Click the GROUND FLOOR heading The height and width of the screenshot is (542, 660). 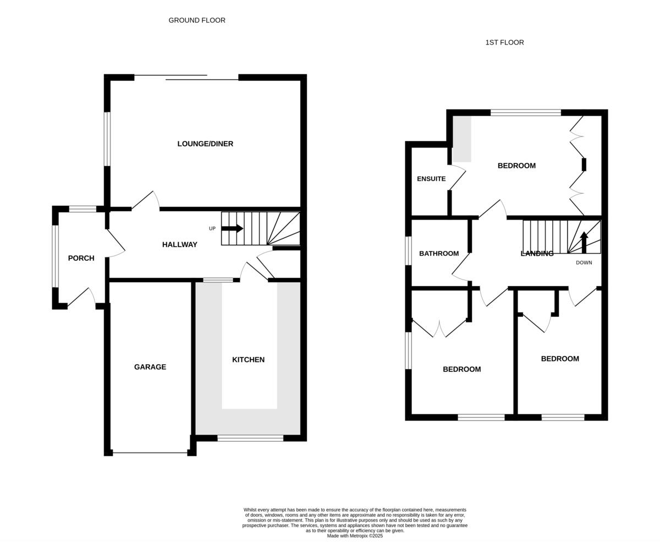(x=197, y=20)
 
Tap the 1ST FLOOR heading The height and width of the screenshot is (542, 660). (x=504, y=42)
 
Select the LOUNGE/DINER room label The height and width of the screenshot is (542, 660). (x=205, y=144)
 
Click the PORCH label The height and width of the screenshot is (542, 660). (x=81, y=258)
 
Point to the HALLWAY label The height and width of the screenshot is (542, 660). (x=179, y=244)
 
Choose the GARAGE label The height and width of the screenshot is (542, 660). (x=150, y=367)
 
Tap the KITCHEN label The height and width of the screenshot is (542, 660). (x=248, y=360)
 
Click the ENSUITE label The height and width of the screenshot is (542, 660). (x=431, y=179)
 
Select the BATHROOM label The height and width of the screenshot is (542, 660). (x=439, y=254)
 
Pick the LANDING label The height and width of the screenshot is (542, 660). (x=537, y=254)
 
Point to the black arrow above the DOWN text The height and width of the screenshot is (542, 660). (x=584, y=242)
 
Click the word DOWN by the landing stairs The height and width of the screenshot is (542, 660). (x=584, y=263)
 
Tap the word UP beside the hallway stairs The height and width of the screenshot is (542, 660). (x=212, y=229)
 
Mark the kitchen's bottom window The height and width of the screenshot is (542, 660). (x=250, y=438)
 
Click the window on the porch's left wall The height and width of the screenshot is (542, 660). (x=55, y=256)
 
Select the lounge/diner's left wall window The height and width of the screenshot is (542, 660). (x=107, y=139)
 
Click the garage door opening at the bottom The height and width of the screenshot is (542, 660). (x=150, y=453)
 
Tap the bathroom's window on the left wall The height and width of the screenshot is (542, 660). (x=408, y=251)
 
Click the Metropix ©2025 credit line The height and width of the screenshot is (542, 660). (x=355, y=536)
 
